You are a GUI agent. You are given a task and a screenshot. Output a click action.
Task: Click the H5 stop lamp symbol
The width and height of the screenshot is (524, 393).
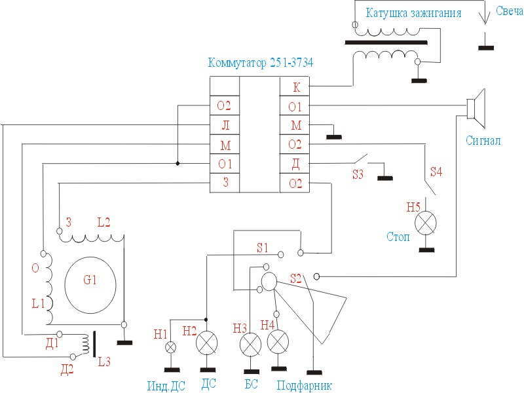tap(426, 224)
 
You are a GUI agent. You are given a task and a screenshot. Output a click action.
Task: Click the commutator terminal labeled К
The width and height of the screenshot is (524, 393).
tap(296, 86)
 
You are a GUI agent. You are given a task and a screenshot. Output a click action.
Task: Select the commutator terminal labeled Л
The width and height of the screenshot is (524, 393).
tap(225, 125)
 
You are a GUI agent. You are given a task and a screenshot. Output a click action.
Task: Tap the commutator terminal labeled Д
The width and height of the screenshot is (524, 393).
tap(296, 163)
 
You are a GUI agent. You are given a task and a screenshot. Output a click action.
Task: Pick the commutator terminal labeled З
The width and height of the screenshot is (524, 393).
tap(225, 183)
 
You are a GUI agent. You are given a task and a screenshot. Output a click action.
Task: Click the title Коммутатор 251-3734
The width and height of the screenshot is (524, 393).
tap(260, 64)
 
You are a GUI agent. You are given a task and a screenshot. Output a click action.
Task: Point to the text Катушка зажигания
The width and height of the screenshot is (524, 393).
tap(413, 13)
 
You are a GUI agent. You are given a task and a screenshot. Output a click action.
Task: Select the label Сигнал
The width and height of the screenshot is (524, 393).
tap(483, 140)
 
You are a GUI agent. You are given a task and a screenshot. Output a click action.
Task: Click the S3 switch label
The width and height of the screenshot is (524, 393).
tap(358, 175)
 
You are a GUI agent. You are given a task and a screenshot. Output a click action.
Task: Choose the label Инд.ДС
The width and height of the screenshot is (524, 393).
tap(167, 384)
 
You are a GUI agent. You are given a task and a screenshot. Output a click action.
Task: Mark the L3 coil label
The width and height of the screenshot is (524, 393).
tap(104, 361)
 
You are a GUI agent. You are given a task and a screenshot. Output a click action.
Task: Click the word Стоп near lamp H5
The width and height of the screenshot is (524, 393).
tap(398, 236)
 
